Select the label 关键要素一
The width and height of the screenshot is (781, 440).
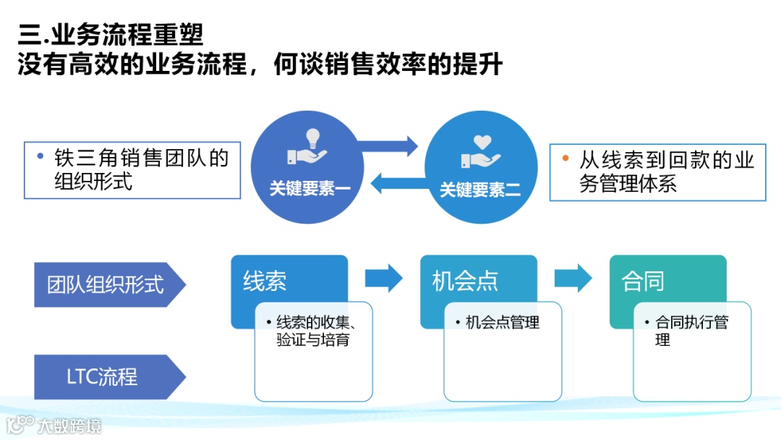pos(310,190)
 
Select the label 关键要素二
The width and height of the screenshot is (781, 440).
pos(480,190)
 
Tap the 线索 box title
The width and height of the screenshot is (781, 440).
pos(265,282)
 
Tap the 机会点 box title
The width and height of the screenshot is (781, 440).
pos(465,282)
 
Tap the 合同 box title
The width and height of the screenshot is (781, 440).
pos(643,282)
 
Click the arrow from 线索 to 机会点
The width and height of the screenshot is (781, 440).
pos(383,278)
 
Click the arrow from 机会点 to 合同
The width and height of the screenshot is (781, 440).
pos(573,278)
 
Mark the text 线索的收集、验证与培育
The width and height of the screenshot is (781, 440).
pos(314,331)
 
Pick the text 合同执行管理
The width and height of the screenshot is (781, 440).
pos(691,331)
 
